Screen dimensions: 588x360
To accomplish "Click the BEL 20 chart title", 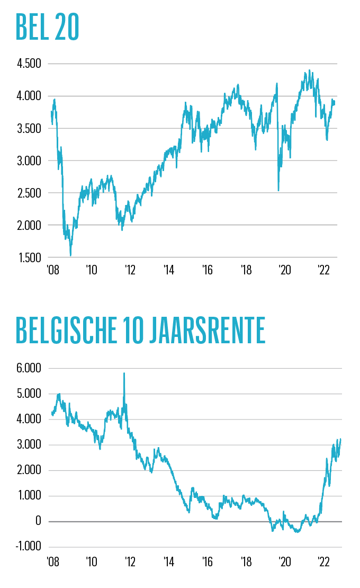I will coord(48,27).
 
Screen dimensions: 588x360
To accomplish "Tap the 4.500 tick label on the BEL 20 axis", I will coord(29,64).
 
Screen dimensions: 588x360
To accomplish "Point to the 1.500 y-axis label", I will coord(29,257).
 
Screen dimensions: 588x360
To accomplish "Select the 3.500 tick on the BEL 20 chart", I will coord(29,129).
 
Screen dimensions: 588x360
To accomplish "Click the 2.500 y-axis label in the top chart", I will coord(29,193).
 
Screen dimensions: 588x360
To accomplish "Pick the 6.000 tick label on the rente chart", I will coord(29,368).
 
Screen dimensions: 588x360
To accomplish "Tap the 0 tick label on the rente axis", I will coord(38,522).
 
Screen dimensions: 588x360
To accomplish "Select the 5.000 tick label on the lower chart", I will coord(29,394).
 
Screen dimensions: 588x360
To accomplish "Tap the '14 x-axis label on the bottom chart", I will coord(169,561).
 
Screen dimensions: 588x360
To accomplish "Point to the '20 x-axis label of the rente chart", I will coord(285,561).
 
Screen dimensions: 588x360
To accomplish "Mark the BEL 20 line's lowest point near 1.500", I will coord(70,255).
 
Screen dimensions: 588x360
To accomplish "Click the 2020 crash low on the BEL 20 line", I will coord(278,190).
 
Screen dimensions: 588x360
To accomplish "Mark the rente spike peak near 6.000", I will coord(124,373).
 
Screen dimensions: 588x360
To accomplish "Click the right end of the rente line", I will coord(340,439).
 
